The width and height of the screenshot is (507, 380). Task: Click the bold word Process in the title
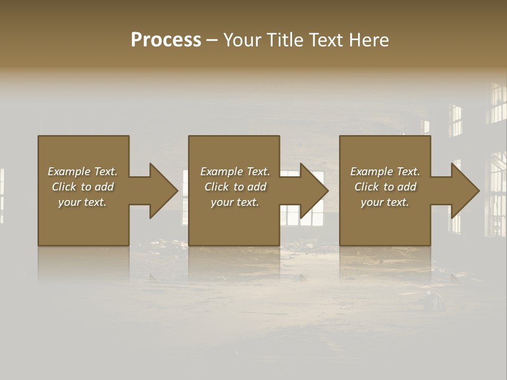point(166,40)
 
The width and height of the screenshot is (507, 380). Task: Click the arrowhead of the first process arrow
point(163,191)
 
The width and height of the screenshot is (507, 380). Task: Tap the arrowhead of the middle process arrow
point(314,191)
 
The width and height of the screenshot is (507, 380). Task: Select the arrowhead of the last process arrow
point(465,191)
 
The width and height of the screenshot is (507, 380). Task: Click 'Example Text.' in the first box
point(82,172)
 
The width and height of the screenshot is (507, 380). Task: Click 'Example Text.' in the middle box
point(234,172)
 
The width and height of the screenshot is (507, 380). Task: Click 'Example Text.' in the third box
point(385,172)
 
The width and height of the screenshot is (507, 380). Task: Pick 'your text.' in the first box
point(82,202)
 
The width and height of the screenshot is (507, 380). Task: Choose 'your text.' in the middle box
point(234,202)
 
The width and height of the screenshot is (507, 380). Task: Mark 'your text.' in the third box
point(385,202)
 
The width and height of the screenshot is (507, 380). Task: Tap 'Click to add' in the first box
point(82,187)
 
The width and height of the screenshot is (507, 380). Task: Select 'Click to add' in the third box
point(385,187)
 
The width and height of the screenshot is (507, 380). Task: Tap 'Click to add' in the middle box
point(234,187)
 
